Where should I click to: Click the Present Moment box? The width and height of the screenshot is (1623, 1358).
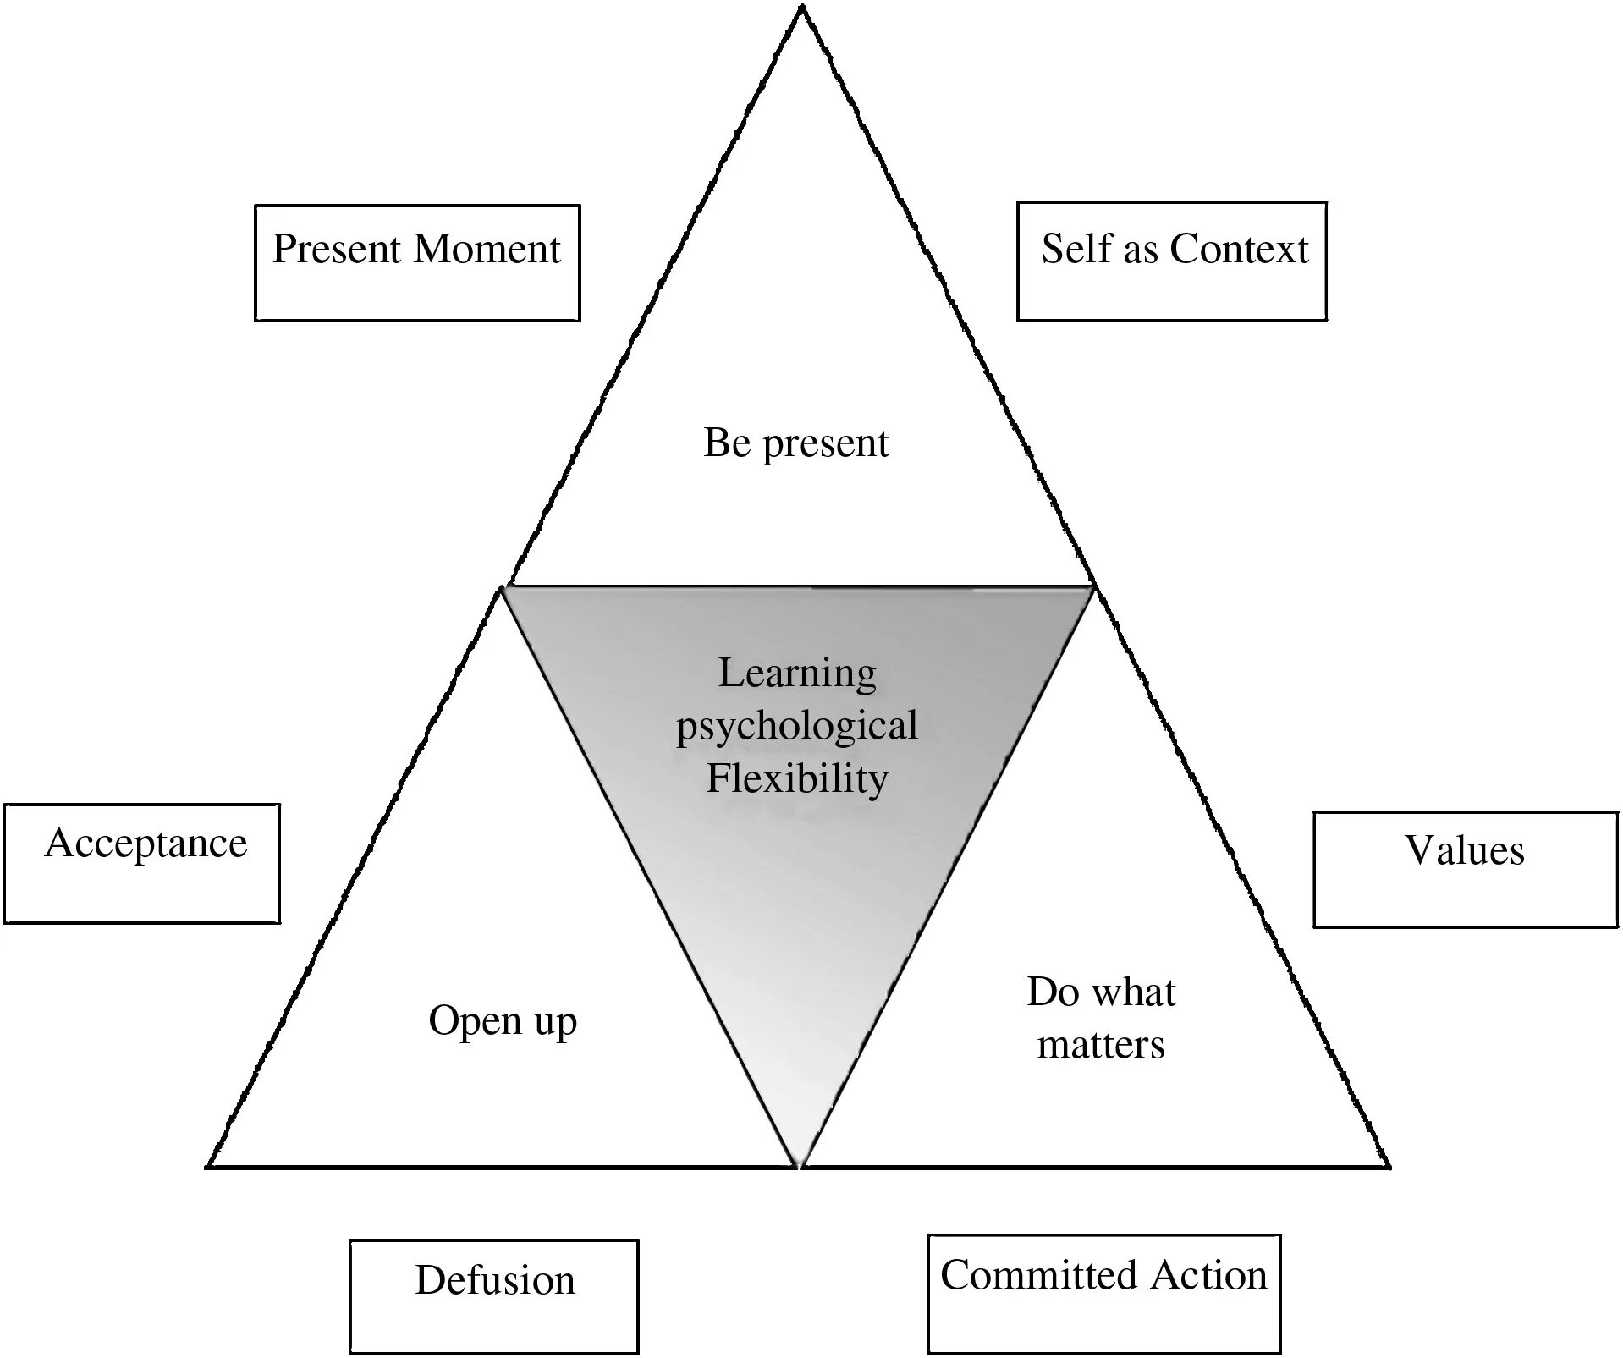[417, 262]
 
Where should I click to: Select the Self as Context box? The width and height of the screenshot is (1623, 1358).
[1171, 261]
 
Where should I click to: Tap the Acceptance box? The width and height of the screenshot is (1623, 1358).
[142, 863]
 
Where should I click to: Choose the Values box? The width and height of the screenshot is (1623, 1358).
[1465, 870]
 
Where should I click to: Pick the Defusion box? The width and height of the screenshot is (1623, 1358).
[494, 1296]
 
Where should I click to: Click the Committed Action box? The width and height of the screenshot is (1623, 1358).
[1103, 1293]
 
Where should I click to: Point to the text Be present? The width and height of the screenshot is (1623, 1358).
[796, 443]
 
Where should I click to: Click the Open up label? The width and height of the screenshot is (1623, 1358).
[503, 1020]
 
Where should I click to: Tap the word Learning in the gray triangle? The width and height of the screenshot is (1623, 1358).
[797, 674]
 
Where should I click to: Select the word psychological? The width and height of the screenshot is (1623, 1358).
[797, 726]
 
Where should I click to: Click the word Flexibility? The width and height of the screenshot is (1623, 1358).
[797, 778]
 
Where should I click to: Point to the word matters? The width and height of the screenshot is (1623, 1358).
[1101, 1045]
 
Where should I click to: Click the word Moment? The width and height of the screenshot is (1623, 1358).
[487, 249]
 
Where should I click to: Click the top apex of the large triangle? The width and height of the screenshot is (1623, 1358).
[801, 8]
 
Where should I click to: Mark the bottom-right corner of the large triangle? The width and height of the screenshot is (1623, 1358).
[1389, 1166]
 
